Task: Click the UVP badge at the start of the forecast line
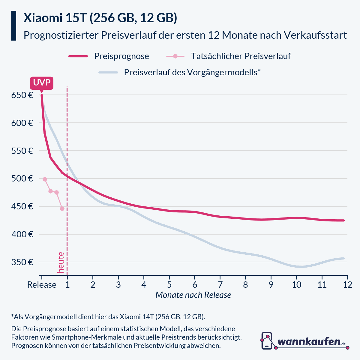pos(41,83)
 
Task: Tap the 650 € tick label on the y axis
pos(22,95)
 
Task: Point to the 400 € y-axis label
pos(22,234)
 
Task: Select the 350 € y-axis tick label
pos(22,262)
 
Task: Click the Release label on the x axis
pos(42,285)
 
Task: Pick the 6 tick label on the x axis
pos(195,285)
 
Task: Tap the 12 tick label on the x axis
pos(347,285)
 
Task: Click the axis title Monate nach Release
pos(193,295)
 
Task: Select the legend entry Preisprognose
pos(121,56)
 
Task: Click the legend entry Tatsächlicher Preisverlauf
pos(241,56)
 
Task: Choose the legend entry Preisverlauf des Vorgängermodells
pos(192,73)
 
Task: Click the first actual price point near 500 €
pos(45,179)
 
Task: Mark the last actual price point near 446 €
pos(62,208)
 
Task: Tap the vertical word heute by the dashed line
pos(61,262)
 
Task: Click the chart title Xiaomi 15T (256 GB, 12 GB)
pos(100,18)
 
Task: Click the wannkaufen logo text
pos(309,342)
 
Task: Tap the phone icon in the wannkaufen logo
pos(267,340)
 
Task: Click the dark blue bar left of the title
pos(13,26)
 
